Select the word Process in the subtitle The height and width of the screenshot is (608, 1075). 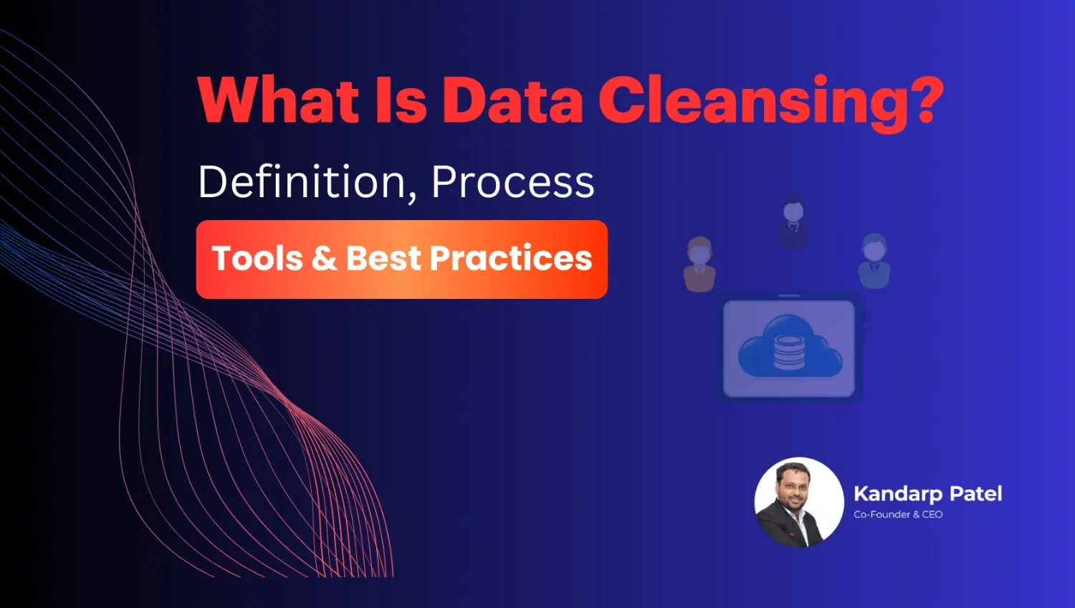point(512,183)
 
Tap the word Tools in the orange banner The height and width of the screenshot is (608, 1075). point(257,259)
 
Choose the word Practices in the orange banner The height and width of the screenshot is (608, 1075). point(511,259)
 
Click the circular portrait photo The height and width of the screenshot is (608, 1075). point(799,503)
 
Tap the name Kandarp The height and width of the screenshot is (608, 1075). point(897,494)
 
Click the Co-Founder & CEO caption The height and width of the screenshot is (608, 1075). point(898,515)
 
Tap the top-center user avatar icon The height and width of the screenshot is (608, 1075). point(793,223)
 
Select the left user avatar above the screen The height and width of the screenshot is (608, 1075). point(699,263)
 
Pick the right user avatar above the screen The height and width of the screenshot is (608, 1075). point(874,260)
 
